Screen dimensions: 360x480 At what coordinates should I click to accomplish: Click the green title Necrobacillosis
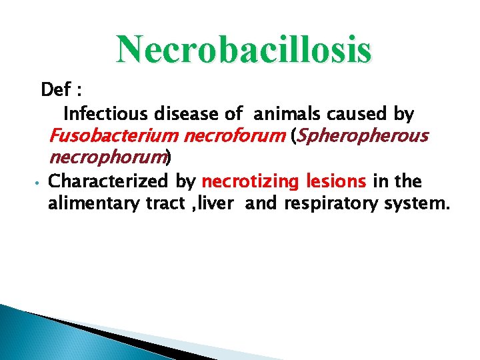243,49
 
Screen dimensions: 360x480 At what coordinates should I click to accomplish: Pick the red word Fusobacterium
113,137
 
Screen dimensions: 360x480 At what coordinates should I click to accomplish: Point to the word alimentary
94,203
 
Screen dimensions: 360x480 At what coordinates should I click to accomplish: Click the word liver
217,203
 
